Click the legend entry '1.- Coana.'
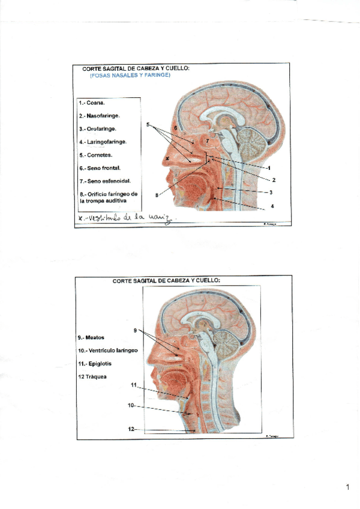[92, 103]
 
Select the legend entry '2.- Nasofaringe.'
[100, 116]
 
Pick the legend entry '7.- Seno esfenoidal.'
[106, 181]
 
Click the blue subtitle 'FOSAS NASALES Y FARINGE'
[130, 76]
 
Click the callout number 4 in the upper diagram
[272, 206]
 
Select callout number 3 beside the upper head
[271, 192]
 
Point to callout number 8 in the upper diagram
[157, 194]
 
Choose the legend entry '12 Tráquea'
[92, 376]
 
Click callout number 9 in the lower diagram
[136, 330]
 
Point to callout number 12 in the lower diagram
[131, 429]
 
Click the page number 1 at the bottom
[347, 487]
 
